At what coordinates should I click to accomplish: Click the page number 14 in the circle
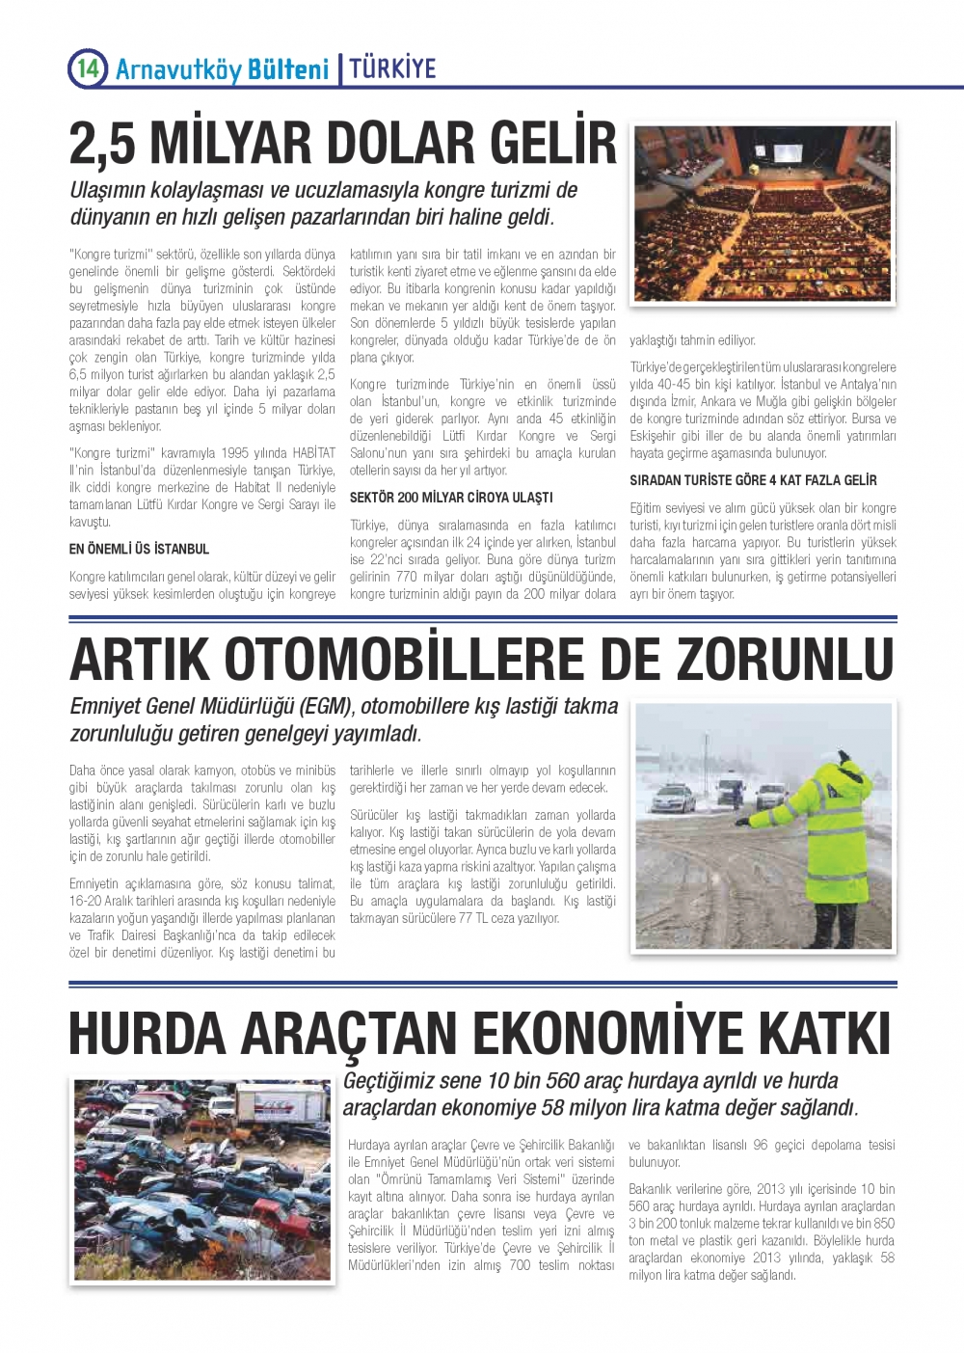[87, 68]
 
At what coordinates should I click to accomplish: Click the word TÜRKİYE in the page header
[392, 68]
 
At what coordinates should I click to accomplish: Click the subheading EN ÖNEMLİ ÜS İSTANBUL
[139, 549]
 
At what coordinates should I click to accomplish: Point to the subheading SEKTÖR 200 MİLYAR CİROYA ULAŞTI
[450, 498]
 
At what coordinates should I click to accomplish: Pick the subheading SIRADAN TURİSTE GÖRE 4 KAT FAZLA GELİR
[753, 480]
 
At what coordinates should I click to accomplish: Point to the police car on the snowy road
[674, 798]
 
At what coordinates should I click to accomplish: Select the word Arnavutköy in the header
[177, 69]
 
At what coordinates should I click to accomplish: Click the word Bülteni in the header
[288, 69]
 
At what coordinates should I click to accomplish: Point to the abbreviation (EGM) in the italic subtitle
[309, 707]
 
